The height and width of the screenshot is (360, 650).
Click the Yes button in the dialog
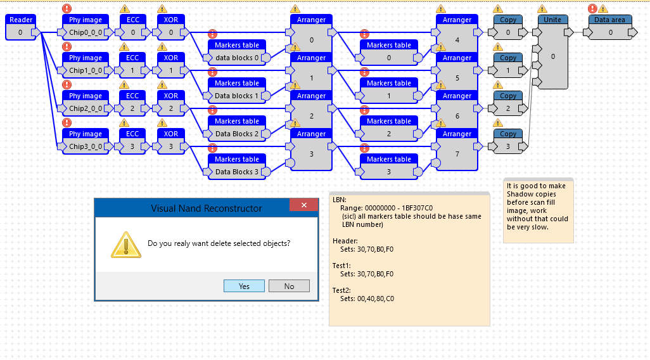click(x=244, y=286)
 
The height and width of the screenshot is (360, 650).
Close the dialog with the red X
click(x=304, y=205)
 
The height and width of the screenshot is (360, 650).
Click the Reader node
click(x=21, y=27)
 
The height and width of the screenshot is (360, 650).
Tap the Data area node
click(x=610, y=27)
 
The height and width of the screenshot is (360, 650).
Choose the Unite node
click(x=552, y=52)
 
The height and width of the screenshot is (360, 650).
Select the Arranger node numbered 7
click(x=457, y=150)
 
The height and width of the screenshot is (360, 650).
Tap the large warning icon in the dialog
click(x=126, y=245)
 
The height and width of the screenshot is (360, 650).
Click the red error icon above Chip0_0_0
click(x=67, y=8)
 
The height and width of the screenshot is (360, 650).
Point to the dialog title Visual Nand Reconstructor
click(x=207, y=208)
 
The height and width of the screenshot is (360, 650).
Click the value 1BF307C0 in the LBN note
click(x=417, y=208)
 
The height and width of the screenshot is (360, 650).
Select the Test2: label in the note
click(x=341, y=290)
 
